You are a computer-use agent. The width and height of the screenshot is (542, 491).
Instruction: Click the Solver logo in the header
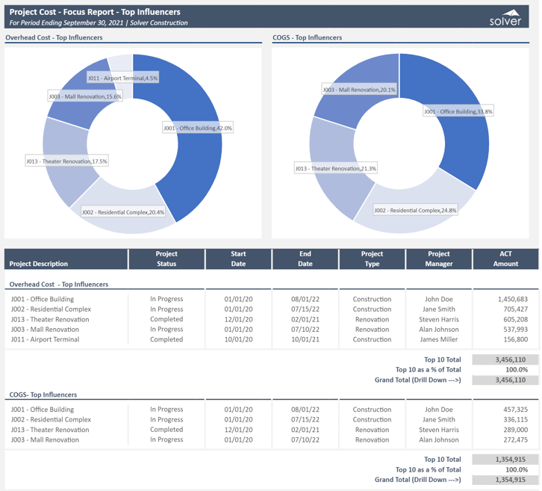pos(505,18)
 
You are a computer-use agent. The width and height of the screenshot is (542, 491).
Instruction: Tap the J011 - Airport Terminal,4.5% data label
pos(122,78)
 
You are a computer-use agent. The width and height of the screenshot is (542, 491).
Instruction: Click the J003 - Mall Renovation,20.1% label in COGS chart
pos(359,90)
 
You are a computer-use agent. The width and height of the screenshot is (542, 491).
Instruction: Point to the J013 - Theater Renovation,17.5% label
pos(66,161)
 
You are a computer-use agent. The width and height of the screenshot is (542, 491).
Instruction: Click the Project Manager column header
pos(439,259)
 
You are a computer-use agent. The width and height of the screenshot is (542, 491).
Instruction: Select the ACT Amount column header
pos(505,259)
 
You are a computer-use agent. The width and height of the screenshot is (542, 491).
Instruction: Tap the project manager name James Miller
pos(439,339)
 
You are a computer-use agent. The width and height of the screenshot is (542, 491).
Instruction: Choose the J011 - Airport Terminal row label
pos(45,339)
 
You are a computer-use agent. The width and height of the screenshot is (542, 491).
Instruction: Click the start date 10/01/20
pos(238,339)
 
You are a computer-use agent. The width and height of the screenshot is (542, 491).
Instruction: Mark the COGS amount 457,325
pos(513,410)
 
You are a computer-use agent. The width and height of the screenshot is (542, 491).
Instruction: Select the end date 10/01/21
pos(305,339)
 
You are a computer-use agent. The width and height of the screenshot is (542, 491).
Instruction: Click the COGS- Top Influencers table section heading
pos(43,395)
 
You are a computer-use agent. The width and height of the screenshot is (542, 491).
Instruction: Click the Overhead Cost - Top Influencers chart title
pos(54,37)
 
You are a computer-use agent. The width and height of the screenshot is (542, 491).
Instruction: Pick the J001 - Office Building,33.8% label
pos(458,111)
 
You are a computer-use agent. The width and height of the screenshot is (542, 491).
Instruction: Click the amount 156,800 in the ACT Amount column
pos(514,339)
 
